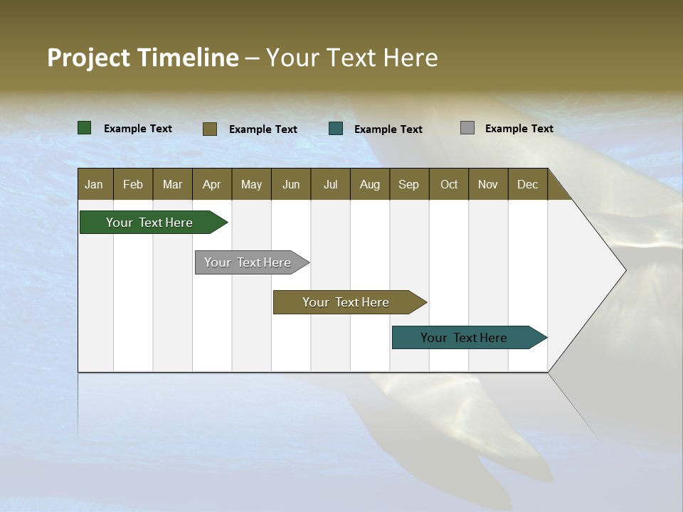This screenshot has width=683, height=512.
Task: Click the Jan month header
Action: (x=94, y=184)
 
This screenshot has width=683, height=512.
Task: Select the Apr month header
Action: (x=211, y=184)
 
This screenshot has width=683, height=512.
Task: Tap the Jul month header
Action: (x=330, y=184)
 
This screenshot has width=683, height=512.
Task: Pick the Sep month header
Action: (x=408, y=184)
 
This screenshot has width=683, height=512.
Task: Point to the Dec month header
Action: (x=527, y=184)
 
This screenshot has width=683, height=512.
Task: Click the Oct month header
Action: (x=449, y=184)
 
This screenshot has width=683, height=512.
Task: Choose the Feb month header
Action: (x=133, y=184)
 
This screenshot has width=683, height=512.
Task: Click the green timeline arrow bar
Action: (x=149, y=223)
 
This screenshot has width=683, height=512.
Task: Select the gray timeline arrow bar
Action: (x=248, y=262)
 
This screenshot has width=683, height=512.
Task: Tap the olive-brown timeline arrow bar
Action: (x=346, y=302)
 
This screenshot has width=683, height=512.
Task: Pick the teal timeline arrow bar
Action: (x=464, y=338)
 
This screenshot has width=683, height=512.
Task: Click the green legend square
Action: (x=84, y=128)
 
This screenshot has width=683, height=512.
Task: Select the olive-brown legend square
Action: (x=209, y=129)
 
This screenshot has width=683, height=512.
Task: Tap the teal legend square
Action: (x=336, y=129)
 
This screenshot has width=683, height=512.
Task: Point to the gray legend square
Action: (x=467, y=128)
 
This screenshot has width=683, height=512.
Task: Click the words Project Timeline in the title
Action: (x=143, y=58)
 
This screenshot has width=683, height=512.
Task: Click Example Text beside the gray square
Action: (x=519, y=129)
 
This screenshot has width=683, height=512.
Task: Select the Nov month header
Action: (x=488, y=184)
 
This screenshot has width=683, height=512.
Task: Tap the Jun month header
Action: (x=291, y=184)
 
